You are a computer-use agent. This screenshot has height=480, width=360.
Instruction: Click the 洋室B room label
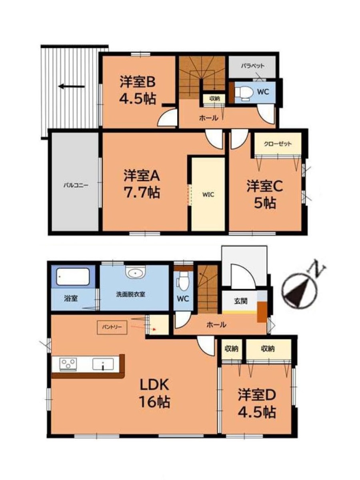138,82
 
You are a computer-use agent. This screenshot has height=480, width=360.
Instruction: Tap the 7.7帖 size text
142,192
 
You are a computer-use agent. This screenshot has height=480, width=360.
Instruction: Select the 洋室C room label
265,187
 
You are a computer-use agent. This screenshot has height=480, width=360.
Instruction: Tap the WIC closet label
208,194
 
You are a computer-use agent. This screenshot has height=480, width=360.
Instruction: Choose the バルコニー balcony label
76,186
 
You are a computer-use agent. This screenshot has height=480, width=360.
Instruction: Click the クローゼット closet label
278,144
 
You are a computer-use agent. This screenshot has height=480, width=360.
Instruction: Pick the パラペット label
252,66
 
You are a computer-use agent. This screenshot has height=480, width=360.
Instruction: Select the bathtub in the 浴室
73,277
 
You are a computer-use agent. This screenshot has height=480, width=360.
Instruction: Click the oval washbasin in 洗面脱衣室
136,272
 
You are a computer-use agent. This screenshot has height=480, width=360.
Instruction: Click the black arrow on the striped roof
71,86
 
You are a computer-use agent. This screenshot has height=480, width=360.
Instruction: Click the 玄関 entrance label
241,301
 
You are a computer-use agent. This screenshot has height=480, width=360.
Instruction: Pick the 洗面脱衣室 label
131,294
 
